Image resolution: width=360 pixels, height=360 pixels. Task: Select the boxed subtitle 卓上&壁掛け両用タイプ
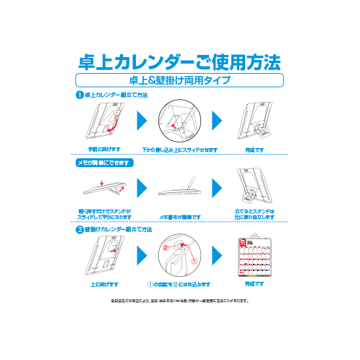click(x=179, y=80)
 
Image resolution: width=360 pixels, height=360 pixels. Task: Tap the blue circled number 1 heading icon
click(x=80, y=95)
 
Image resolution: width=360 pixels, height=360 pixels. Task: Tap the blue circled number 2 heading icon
click(x=80, y=229)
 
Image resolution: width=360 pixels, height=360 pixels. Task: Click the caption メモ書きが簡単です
click(x=179, y=216)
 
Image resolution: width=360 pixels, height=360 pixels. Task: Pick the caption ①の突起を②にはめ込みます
click(x=178, y=284)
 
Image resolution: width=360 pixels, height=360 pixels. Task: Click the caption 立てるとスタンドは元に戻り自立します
click(x=254, y=214)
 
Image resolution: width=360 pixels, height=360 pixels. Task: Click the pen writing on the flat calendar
click(x=192, y=183)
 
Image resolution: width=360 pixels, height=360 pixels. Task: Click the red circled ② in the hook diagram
click(x=165, y=247)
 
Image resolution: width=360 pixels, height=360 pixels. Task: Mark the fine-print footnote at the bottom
click(x=179, y=301)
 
